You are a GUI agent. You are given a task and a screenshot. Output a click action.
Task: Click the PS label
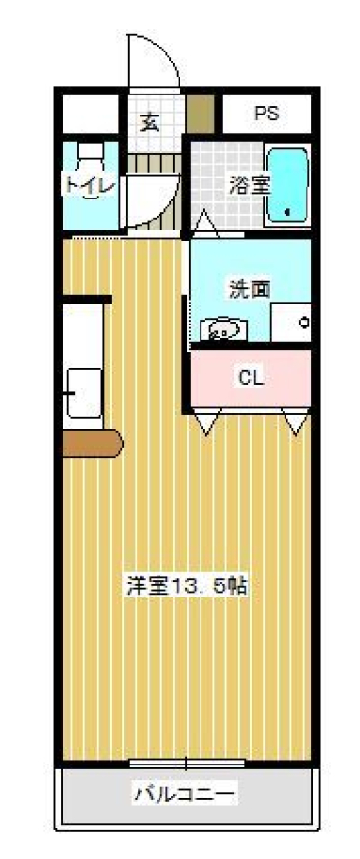[x=266, y=114]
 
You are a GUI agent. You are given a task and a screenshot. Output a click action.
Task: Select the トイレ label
[x=91, y=183]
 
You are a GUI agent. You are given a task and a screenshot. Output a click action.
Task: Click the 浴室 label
[x=249, y=184]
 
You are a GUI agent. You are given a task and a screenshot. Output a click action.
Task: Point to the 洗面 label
[x=249, y=288]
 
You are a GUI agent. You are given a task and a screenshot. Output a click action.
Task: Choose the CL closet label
[x=251, y=377]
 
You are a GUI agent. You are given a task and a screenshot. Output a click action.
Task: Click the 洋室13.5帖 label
[x=187, y=586]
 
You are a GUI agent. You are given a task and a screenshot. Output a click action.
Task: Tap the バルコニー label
[x=186, y=793]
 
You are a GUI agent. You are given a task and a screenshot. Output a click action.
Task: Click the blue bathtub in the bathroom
[x=287, y=184]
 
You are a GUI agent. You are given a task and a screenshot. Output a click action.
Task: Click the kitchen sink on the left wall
[x=84, y=393]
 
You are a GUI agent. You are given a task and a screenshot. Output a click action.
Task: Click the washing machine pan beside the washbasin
[x=291, y=323]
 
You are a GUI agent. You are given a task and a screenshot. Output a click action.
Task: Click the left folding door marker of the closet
[x=206, y=421]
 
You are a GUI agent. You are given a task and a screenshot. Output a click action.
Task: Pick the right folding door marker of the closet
[x=296, y=421]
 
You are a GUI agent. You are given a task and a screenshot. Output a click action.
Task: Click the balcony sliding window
[x=187, y=764]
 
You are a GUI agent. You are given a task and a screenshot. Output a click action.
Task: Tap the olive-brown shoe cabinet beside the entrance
[x=201, y=114]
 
